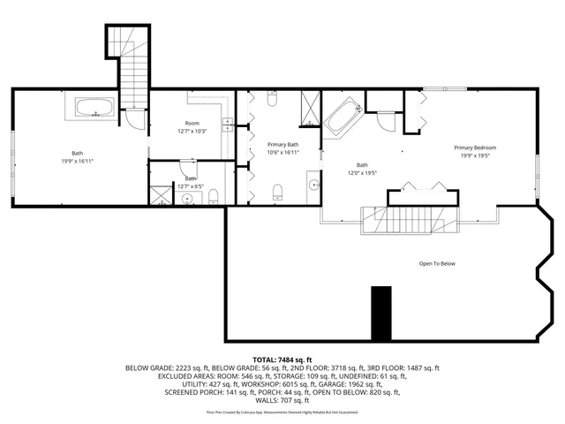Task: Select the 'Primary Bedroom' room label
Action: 475,148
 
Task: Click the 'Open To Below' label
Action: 437,263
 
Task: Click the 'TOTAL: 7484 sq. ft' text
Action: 282,360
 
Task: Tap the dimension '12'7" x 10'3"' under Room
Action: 192,132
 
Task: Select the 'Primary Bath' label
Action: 282,144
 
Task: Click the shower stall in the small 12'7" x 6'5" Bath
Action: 161,194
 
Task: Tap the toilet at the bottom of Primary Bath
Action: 277,193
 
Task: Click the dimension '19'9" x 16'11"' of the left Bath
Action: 78,161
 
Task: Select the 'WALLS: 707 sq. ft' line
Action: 282,400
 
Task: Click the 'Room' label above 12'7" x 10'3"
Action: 192,123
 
